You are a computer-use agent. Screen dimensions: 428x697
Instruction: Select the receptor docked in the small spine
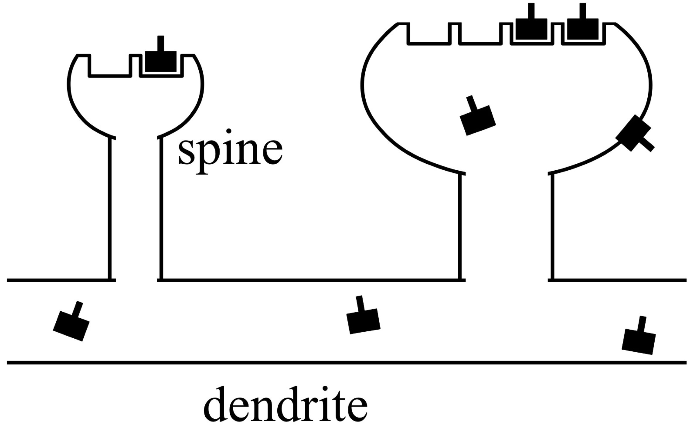coord(161,62)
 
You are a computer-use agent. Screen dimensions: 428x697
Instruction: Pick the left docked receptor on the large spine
coord(531,29)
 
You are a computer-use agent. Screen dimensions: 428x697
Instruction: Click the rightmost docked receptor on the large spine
coord(583,29)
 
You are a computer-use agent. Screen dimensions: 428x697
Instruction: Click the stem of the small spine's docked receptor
coord(161,44)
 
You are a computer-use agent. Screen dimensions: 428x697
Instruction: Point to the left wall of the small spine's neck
coord(110,209)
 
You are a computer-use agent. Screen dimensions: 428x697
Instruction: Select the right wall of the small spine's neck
coord(161,209)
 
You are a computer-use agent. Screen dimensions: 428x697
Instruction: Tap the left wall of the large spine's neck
coord(460,226)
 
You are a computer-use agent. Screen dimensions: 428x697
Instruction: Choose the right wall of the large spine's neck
coord(552,226)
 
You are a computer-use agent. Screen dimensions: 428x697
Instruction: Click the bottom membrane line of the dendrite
coord(348,363)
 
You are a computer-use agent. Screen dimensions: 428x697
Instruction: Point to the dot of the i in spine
coord(229,131)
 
